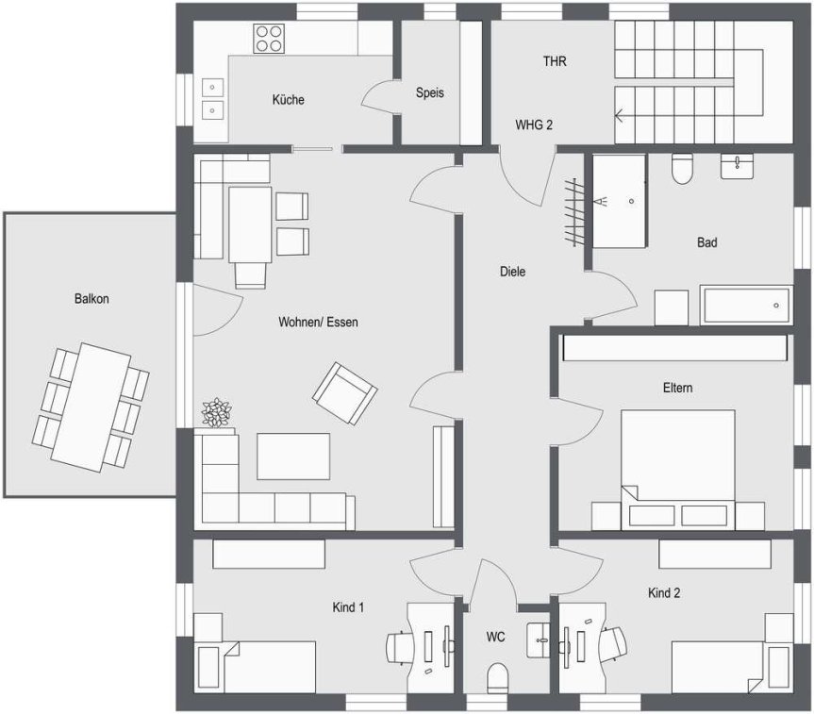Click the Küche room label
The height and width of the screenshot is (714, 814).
tap(288, 99)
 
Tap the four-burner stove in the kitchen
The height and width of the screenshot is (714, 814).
tap(269, 39)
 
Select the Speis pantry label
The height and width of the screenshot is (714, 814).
tap(430, 92)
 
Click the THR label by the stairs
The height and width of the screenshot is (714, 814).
tap(555, 61)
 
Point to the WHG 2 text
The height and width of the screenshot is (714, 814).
tap(534, 125)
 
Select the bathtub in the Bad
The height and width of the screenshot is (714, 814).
tap(746, 305)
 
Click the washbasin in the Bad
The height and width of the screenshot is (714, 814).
tap(737, 167)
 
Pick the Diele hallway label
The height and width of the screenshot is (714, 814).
tap(512, 271)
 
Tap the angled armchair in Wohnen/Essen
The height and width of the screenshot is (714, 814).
tap(344, 392)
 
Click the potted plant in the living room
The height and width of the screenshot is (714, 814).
tap(217, 413)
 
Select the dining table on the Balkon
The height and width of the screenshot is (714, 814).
tap(91, 407)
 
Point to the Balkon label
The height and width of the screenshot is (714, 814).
tap(91, 299)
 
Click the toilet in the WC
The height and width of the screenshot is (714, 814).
tap(497, 677)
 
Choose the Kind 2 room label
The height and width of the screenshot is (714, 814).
tap(664, 592)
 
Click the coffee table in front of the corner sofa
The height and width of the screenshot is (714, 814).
tap(293, 457)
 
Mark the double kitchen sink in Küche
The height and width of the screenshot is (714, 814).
tap(212, 99)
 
